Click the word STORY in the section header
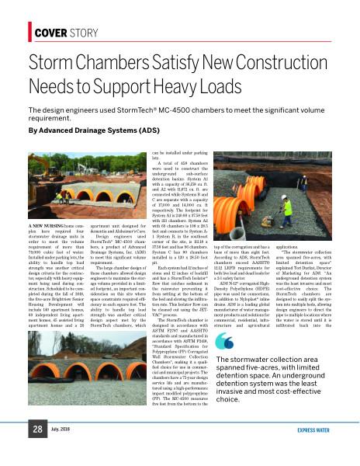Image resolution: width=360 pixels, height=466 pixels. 83,32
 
